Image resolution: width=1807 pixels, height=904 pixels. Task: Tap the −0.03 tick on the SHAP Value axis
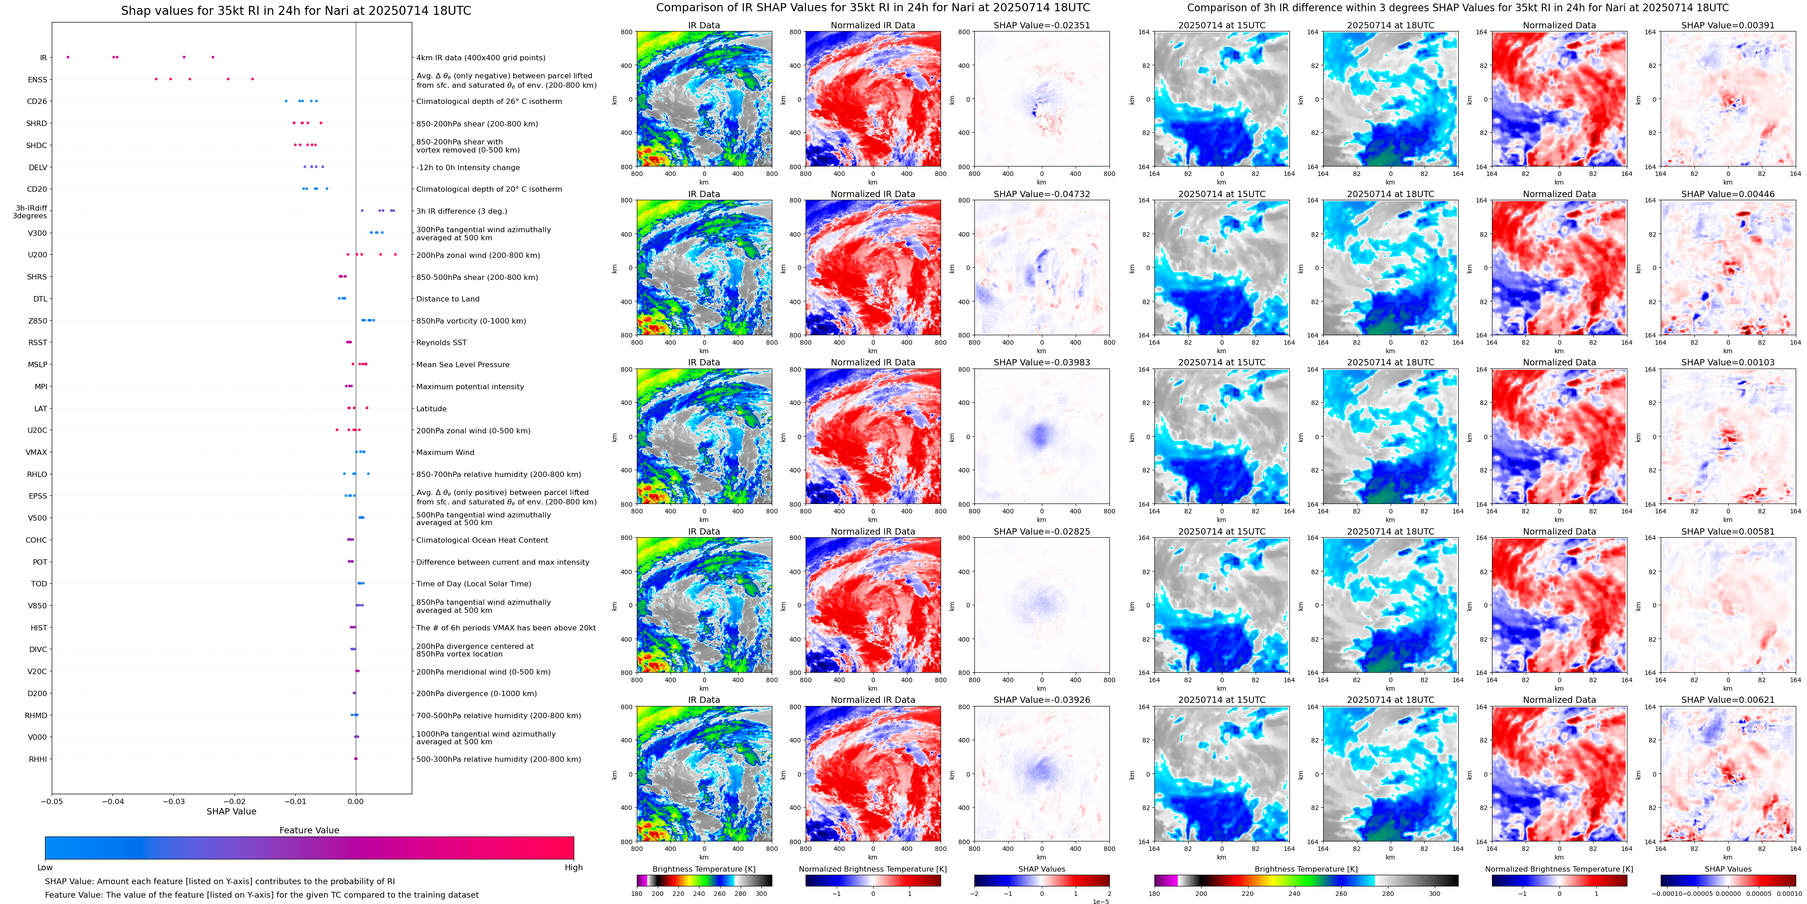(x=174, y=801)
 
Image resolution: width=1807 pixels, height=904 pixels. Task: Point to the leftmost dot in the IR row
(x=68, y=57)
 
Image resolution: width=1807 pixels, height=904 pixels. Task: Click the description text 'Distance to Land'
(x=447, y=299)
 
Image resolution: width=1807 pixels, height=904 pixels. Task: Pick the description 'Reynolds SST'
(x=441, y=343)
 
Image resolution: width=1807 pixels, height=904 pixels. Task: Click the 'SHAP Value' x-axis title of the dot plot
(x=231, y=811)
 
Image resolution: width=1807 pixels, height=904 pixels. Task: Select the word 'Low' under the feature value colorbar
(x=45, y=868)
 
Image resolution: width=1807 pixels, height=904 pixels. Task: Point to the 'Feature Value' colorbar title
(x=309, y=830)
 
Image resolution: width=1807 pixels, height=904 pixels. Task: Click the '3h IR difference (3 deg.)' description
(x=461, y=211)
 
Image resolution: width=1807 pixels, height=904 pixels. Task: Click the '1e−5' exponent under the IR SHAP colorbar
(x=1100, y=901)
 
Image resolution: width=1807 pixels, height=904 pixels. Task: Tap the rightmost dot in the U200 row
(x=395, y=255)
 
